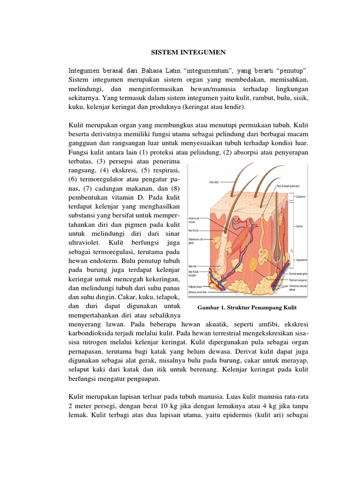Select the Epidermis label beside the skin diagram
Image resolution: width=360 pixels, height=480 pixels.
(x=300, y=196)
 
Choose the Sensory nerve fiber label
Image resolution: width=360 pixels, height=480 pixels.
(x=198, y=291)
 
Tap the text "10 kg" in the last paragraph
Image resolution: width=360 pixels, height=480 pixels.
(x=173, y=405)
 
